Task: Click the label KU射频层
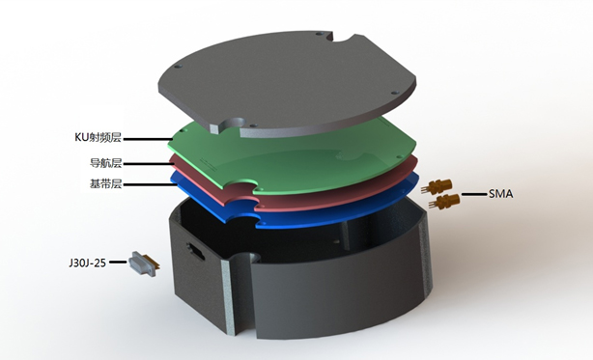(x=98, y=137)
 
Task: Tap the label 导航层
(x=105, y=163)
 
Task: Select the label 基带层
(x=105, y=184)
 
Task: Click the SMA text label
(x=500, y=194)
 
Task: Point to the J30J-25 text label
(x=87, y=263)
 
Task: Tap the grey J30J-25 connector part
(x=143, y=263)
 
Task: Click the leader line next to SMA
(x=474, y=194)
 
